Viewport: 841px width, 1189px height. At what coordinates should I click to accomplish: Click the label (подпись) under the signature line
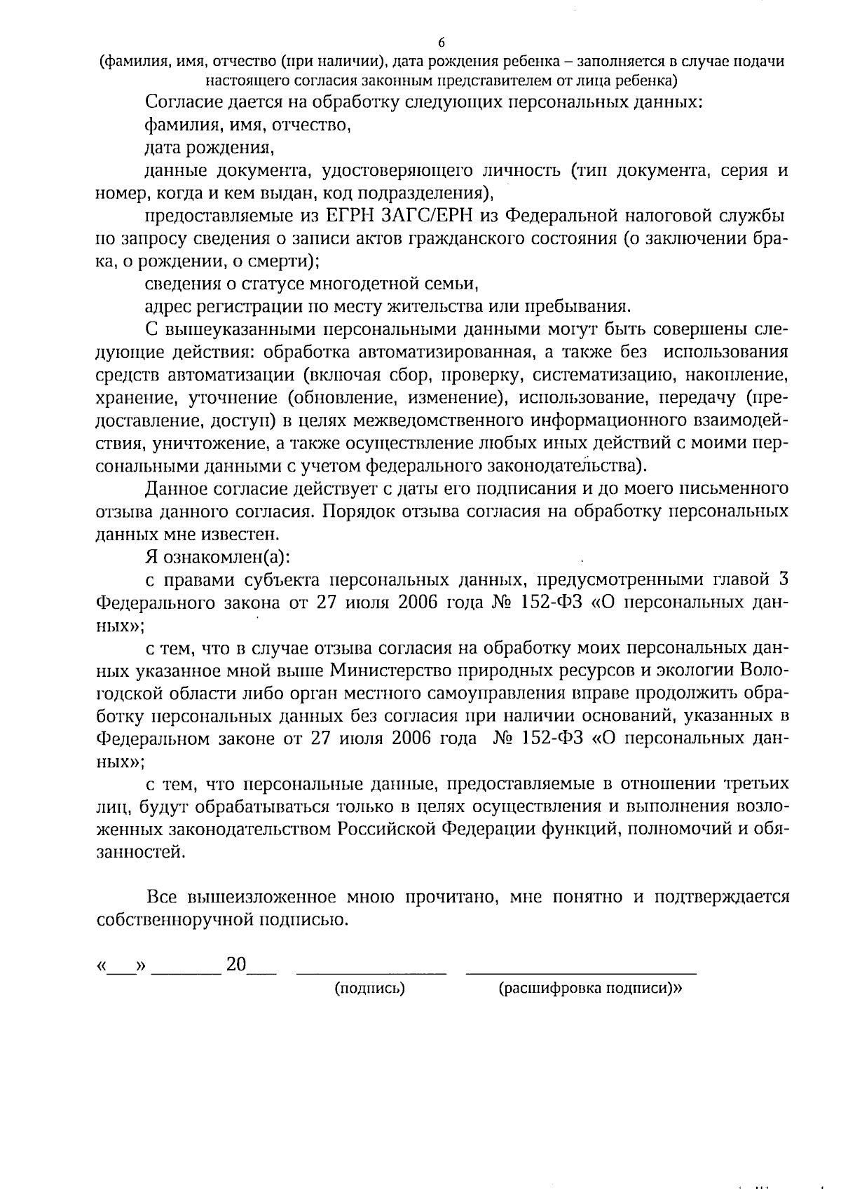point(370,989)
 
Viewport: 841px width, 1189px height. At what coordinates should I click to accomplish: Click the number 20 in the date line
point(236,965)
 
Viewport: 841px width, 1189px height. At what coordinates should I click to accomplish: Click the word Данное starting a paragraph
point(177,488)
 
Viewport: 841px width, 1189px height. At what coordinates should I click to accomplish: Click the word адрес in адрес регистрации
point(165,307)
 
